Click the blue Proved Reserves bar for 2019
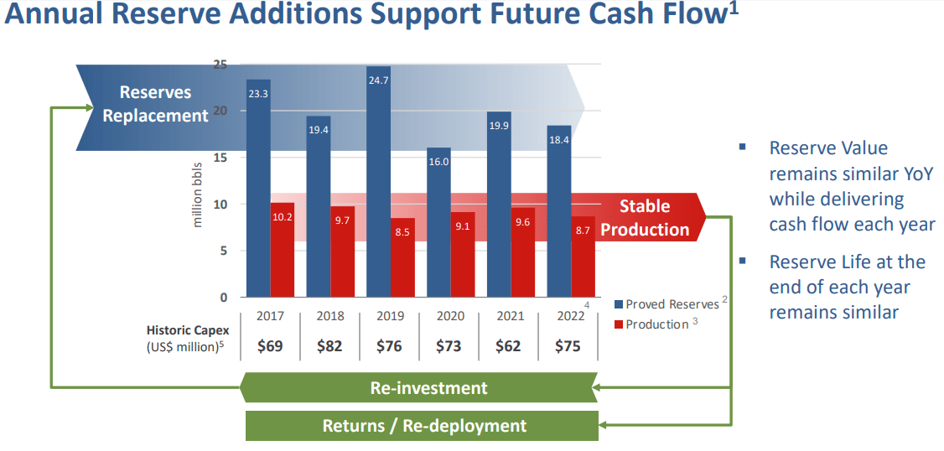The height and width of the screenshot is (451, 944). pyautogui.click(x=378, y=184)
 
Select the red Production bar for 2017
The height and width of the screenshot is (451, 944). pyautogui.click(x=283, y=251)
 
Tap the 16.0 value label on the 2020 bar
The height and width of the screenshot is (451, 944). pyautogui.click(x=439, y=161)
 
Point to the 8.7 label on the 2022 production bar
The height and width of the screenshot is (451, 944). pyautogui.click(x=584, y=230)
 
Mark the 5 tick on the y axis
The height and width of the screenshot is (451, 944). pyautogui.click(x=223, y=251)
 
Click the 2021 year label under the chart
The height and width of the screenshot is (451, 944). pyautogui.click(x=511, y=316)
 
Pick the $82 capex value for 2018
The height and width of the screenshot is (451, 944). pyautogui.click(x=329, y=346)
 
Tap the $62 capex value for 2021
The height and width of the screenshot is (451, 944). pyautogui.click(x=509, y=346)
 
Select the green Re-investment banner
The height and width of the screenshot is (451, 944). pyautogui.click(x=428, y=388)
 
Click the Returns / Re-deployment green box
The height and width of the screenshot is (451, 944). pyautogui.click(x=424, y=426)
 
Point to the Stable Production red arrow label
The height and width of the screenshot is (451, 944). pyautogui.click(x=645, y=218)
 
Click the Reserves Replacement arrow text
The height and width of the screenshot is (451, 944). pyautogui.click(x=155, y=104)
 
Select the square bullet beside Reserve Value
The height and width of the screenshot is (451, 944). pyautogui.click(x=742, y=147)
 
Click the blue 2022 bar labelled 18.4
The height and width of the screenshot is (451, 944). pyautogui.click(x=559, y=210)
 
